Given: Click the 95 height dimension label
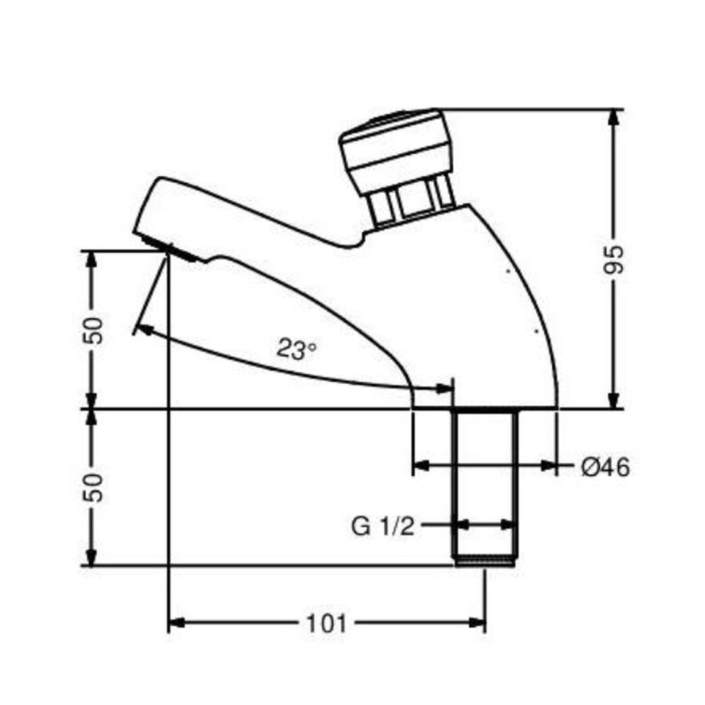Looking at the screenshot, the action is tap(614, 259).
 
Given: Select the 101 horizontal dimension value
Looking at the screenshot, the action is tap(326, 624).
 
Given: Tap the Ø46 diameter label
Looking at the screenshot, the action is tap(605, 468).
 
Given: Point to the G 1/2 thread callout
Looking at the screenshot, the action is tap(383, 526).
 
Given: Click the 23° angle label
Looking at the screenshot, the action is tap(295, 349).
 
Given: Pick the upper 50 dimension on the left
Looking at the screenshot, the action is tap(93, 330).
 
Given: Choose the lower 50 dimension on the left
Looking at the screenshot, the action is tap(93, 488).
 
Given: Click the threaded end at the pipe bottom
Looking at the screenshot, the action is tap(485, 562).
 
